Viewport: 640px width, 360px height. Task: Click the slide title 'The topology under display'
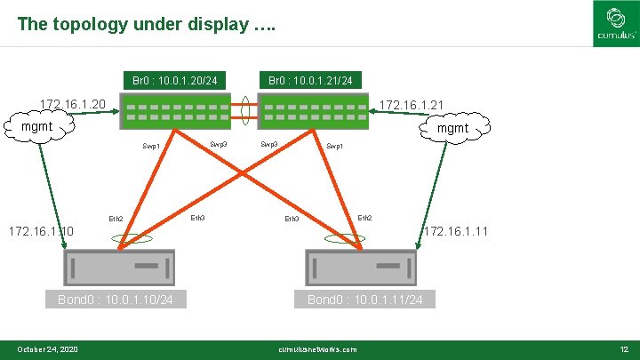(146, 24)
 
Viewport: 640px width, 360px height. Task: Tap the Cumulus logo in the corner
(615, 24)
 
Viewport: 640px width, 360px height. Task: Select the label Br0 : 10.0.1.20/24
(175, 81)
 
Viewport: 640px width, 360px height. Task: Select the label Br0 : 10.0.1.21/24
(311, 81)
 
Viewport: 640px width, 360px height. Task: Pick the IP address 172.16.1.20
(74, 105)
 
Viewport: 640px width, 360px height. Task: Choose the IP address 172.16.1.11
(456, 232)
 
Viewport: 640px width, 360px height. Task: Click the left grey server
(119, 267)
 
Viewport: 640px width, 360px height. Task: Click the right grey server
(360, 267)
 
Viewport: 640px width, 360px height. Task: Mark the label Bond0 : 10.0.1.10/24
(116, 300)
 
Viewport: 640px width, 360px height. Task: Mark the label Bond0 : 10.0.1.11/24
(364, 300)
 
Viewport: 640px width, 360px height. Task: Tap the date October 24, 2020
(48, 349)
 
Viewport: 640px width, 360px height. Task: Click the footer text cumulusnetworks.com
(317, 349)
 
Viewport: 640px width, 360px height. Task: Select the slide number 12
(623, 349)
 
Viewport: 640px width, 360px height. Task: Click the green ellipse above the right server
(344, 238)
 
